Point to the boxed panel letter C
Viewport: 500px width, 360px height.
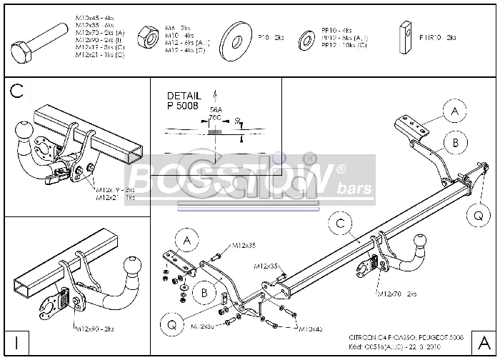[17, 91]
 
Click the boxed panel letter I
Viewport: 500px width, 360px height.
[16, 343]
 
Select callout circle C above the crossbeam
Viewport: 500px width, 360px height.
[341, 224]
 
